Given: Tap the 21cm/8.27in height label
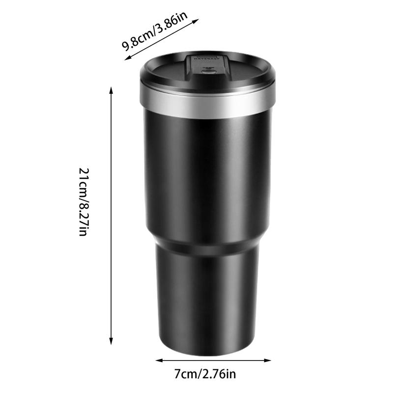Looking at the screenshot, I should [x=84, y=201].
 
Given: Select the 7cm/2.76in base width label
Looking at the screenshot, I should [x=206, y=374].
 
